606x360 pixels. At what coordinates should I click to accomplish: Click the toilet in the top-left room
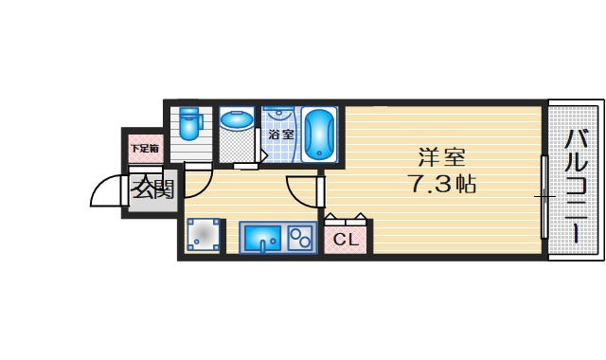pyautogui.click(x=189, y=124)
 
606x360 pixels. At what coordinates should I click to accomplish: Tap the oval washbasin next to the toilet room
pyautogui.click(x=236, y=121)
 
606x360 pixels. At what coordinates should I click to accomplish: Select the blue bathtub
pyautogui.click(x=320, y=135)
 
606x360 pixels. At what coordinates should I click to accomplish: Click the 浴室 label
pyautogui.click(x=280, y=134)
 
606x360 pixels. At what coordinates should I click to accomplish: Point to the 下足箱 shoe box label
pyautogui.click(x=145, y=148)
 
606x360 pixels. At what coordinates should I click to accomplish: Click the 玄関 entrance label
pyautogui.click(x=152, y=189)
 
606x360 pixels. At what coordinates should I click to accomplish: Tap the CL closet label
pyautogui.click(x=347, y=240)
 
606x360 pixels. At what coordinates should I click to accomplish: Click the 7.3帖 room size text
pyautogui.click(x=441, y=184)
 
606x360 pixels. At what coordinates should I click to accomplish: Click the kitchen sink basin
pyautogui.click(x=262, y=238)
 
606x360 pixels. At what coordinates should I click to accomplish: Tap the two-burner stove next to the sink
pyautogui.click(x=302, y=237)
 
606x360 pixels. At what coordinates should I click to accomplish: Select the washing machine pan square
pyautogui.click(x=204, y=236)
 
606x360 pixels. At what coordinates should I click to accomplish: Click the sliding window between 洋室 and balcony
pyautogui.click(x=544, y=197)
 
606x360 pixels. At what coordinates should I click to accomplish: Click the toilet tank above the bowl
pyautogui.click(x=189, y=112)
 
